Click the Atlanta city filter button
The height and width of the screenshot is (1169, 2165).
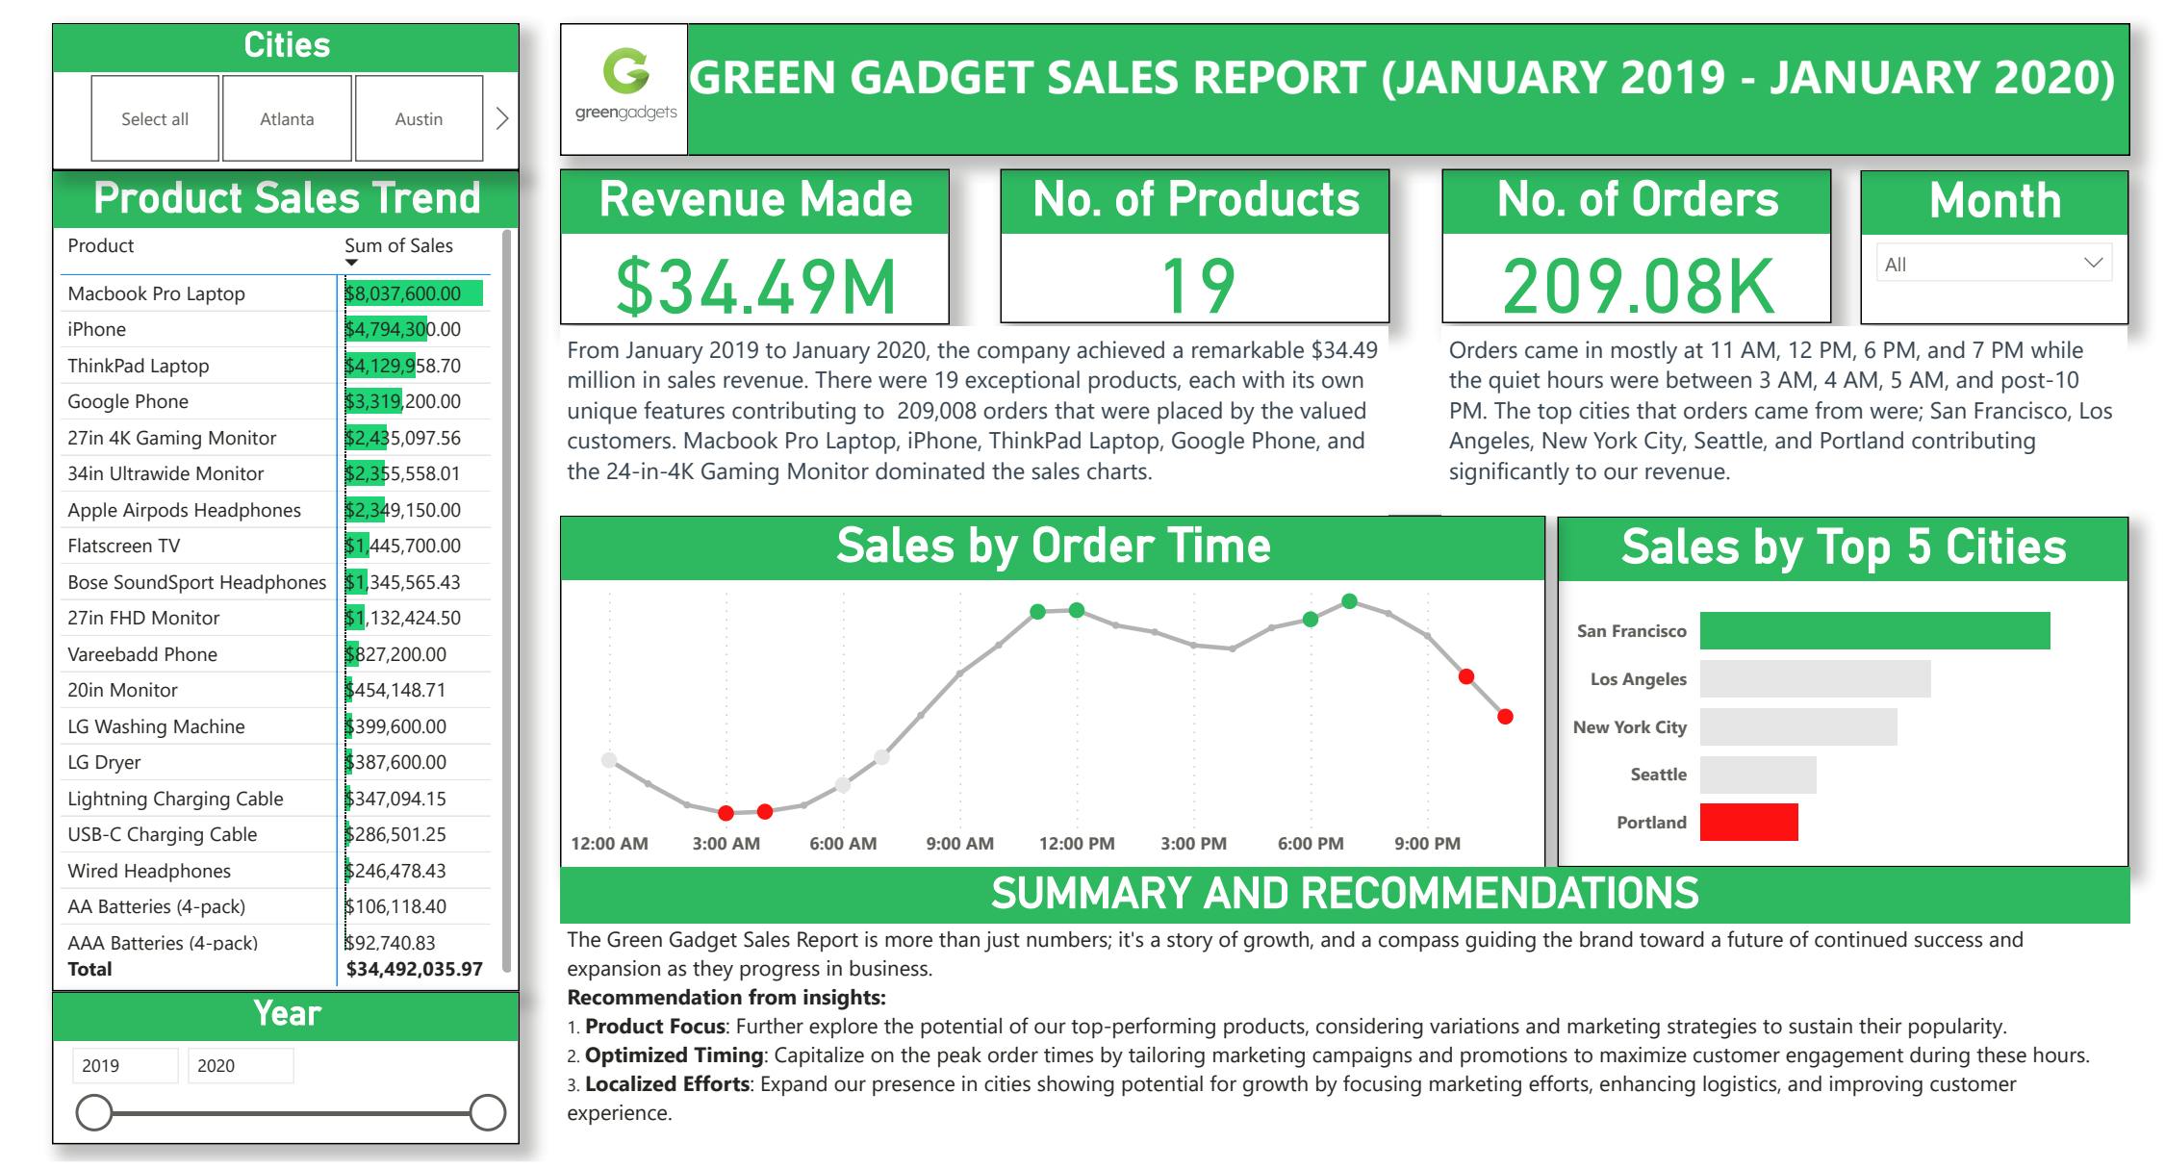(287, 118)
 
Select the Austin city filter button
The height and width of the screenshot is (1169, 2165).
(419, 118)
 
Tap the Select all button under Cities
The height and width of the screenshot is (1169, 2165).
(155, 118)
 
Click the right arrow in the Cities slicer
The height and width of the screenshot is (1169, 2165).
(501, 118)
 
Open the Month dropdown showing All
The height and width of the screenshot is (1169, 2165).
(1994, 264)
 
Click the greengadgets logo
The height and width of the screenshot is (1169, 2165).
(625, 89)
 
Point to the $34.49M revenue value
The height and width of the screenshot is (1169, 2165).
(755, 286)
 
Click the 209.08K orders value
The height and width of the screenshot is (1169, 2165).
(1638, 286)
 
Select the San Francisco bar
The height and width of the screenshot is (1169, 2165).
(1874, 631)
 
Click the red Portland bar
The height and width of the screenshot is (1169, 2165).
(1748, 823)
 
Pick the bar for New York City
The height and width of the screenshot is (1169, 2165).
(1797, 727)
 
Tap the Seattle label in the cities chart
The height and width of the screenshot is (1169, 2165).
(1658, 775)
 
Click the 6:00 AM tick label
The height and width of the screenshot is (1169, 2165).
(843, 844)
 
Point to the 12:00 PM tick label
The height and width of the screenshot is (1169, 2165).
(1077, 844)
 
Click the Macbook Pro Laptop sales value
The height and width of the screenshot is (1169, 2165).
(403, 293)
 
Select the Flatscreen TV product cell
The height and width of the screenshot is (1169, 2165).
(124, 546)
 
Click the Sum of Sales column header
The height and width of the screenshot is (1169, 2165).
(398, 245)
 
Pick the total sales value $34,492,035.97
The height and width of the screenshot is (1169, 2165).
(414, 969)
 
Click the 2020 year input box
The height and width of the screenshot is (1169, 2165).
(240, 1065)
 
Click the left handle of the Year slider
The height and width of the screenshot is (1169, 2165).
(94, 1112)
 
